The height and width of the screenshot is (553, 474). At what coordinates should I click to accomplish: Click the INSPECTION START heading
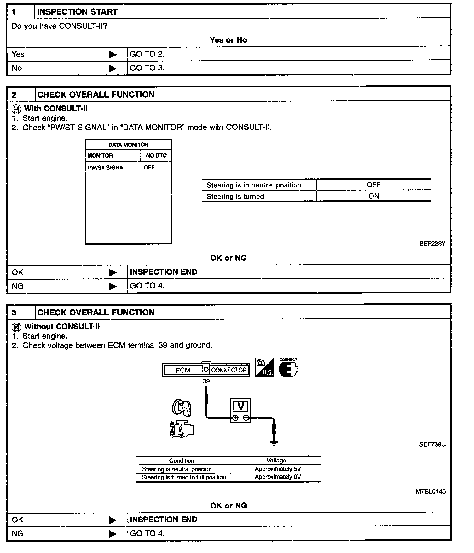click(x=77, y=12)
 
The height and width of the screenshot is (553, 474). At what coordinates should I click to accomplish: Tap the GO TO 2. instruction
click(x=147, y=54)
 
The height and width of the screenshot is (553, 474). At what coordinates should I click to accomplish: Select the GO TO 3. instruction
click(x=147, y=68)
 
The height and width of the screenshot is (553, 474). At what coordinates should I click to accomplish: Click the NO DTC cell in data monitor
click(x=156, y=155)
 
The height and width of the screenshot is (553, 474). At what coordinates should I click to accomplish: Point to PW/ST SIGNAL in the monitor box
click(x=107, y=168)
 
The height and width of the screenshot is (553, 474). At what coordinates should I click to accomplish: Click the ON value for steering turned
click(x=374, y=196)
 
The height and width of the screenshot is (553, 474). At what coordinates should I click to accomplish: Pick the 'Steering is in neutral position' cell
click(x=254, y=185)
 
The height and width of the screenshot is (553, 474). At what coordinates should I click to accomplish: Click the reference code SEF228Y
click(x=432, y=244)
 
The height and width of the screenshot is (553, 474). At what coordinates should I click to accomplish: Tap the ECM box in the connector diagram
click(x=183, y=370)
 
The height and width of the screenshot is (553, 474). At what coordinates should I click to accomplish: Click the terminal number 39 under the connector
click(x=206, y=381)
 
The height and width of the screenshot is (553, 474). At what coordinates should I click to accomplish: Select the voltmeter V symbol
click(x=240, y=406)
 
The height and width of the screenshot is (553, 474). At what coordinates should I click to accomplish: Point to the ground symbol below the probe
click(x=274, y=443)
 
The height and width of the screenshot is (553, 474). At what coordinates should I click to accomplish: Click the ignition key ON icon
click(x=182, y=407)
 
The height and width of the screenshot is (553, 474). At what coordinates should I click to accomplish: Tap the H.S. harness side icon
click(x=264, y=367)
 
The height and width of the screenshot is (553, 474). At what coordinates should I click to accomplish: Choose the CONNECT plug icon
click(x=288, y=368)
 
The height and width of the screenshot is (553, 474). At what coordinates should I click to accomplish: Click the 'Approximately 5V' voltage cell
click(x=278, y=469)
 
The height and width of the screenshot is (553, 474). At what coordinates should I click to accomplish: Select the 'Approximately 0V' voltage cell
click(x=278, y=477)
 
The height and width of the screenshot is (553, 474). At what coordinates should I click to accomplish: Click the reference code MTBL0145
click(x=431, y=491)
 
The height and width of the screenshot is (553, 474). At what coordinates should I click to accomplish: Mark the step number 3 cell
click(x=14, y=312)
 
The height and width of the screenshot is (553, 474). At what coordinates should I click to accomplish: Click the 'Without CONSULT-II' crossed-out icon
click(x=16, y=327)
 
